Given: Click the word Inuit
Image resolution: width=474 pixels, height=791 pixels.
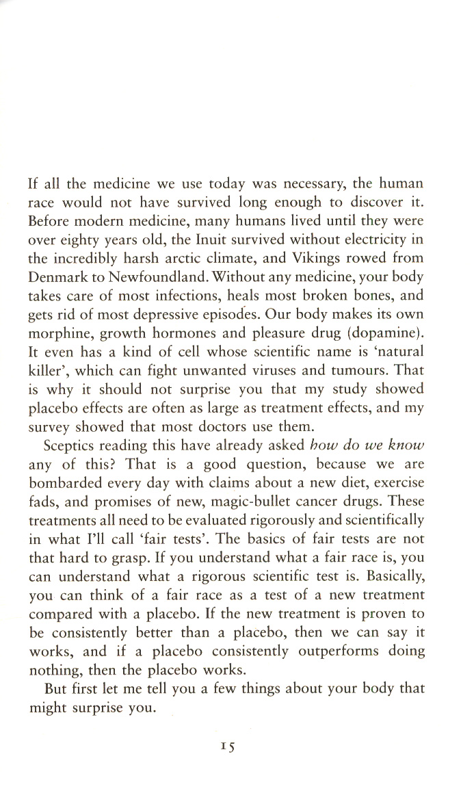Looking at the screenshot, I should pos(198,239).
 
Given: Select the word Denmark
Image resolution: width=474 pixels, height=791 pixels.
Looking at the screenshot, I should pos(58,278).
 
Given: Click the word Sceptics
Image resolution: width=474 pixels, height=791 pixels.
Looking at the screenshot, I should pos(70,445).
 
